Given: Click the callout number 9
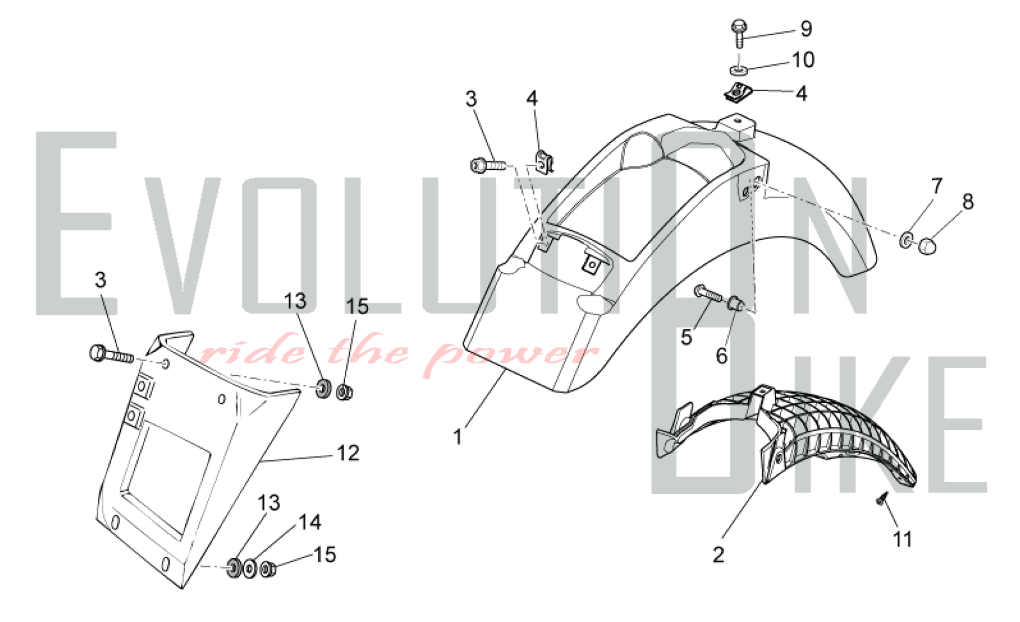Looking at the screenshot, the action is [806, 29].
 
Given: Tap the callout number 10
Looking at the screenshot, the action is [803, 60].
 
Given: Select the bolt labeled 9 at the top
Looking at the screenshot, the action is [739, 33].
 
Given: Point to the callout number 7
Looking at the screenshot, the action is [937, 186].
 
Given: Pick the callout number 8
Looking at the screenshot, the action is [968, 202].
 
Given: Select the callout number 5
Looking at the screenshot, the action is [686, 337].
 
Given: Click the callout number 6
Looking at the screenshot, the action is [722, 356].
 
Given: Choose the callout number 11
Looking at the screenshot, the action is [903, 539].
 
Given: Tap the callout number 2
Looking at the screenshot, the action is [718, 555].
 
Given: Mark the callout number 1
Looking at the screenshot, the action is [458, 437].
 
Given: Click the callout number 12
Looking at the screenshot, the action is [348, 453].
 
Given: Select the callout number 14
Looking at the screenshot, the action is [310, 522].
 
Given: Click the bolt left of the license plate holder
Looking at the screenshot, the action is [111, 354].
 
